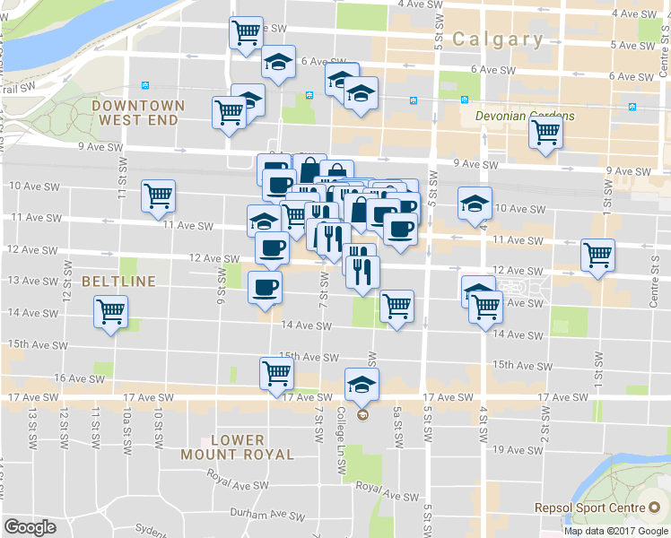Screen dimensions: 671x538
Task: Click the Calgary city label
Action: (x=498, y=39)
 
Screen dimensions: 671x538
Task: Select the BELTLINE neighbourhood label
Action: (x=118, y=281)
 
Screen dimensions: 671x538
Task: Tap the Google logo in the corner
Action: (x=30, y=527)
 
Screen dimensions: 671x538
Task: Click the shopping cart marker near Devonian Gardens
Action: (x=545, y=133)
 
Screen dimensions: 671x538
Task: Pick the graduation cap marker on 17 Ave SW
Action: (x=362, y=385)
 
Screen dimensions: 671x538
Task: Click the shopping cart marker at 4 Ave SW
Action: (x=246, y=33)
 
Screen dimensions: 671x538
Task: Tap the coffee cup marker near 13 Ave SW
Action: (x=264, y=288)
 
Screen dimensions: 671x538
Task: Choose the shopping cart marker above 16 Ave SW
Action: (x=276, y=373)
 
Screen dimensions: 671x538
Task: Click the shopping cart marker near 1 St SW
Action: (x=597, y=255)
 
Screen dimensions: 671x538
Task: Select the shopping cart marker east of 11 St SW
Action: (x=159, y=195)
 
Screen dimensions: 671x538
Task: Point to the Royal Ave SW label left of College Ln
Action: (x=237, y=484)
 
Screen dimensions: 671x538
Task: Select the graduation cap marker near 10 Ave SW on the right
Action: (x=475, y=203)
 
